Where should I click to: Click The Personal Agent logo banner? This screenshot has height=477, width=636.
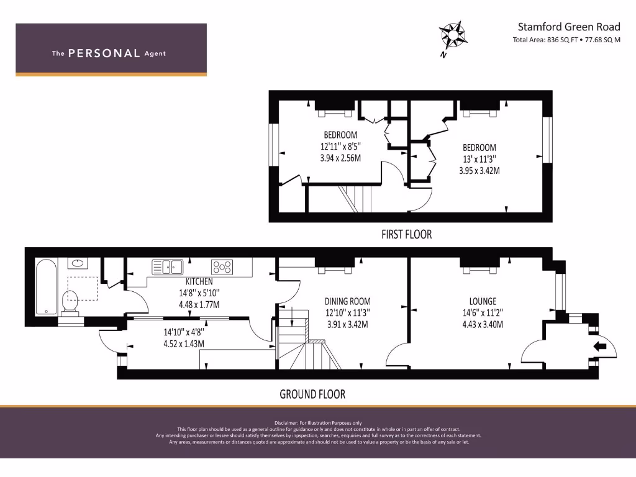coord(111,50)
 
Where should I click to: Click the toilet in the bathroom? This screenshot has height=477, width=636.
coord(72,303)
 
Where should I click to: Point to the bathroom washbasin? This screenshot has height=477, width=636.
coord(78,263)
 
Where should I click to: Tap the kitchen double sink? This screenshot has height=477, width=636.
coord(168,267)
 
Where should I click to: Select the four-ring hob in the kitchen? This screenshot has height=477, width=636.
coord(222,267)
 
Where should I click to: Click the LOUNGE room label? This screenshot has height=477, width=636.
coord(483,302)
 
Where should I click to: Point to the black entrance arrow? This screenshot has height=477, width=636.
coord(600,347)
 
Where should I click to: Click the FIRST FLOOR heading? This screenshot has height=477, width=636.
coord(406,235)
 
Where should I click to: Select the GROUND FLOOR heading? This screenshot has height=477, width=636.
coord(312,394)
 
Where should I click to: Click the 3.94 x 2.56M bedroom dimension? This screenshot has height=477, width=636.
coord(340,158)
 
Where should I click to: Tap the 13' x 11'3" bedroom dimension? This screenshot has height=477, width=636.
coord(479,159)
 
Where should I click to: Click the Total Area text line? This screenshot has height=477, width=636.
coord(566,40)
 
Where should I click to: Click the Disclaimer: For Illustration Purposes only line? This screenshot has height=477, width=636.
coord(318,423)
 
